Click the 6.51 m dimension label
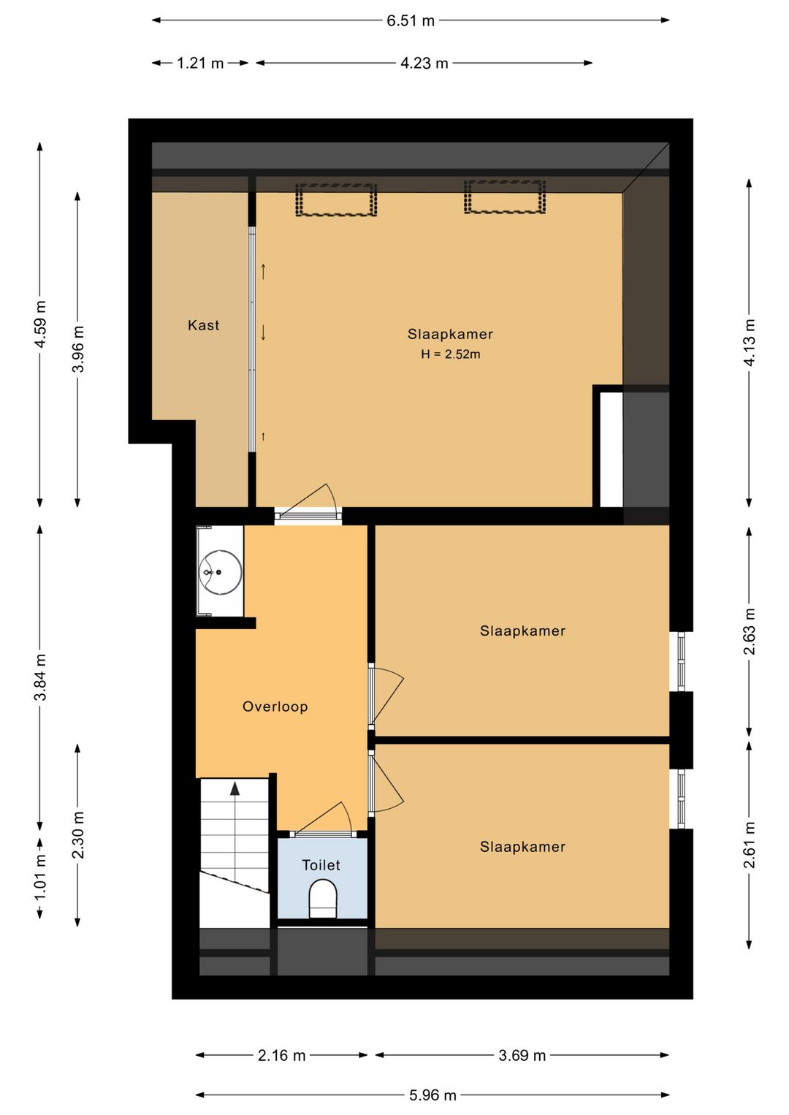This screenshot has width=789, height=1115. click(410, 21)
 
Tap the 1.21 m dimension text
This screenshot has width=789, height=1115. click(200, 64)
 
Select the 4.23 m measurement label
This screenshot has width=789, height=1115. click(424, 64)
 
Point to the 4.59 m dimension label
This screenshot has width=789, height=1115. click(40, 324)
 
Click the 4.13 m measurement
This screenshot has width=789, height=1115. click(749, 343)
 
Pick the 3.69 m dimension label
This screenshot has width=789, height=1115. click(522, 1055)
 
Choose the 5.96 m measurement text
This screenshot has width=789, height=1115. click(432, 1095)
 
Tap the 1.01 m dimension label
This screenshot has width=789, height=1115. click(40, 877)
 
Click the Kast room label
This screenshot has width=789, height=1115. click(204, 325)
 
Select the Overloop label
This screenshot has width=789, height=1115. click(275, 707)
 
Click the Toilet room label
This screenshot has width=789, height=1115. click(321, 865)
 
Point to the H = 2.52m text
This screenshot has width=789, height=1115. click(451, 354)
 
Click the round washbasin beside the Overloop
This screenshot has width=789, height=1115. click(220, 572)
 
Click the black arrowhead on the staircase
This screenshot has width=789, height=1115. click(235, 788)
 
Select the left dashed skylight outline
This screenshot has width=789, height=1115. click(336, 199)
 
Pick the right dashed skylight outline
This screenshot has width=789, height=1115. click(505, 197)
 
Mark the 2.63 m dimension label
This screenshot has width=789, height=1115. click(749, 631)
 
